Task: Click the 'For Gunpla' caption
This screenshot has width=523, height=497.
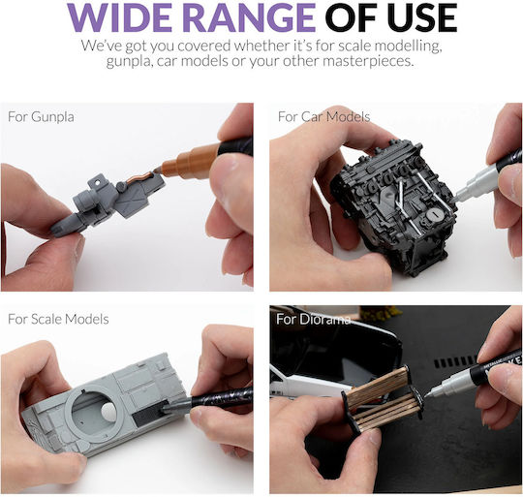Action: click(41, 117)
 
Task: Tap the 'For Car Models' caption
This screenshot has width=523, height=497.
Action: click(323, 117)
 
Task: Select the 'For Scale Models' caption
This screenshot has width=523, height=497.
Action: click(58, 319)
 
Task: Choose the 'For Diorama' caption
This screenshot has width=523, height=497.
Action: click(313, 319)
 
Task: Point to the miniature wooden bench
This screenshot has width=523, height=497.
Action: click(383, 398)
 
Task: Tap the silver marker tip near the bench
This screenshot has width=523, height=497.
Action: click(431, 392)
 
